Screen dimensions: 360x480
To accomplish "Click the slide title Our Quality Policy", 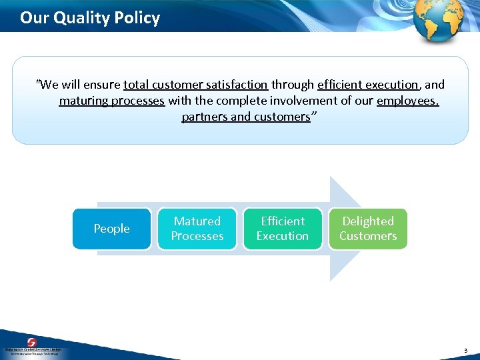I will [x=90, y=17].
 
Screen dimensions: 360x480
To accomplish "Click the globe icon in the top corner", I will [x=438, y=20].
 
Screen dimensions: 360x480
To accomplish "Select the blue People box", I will [x=111, y=229].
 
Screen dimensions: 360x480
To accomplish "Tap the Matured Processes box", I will [x=197, y=229].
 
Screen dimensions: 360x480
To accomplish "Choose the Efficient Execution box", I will [x=282, y=229].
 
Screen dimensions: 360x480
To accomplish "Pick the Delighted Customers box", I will [x=367, y=229].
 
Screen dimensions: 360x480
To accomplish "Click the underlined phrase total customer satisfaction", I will [x=195, y=85].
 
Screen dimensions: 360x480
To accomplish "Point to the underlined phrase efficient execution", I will [x=368, y=85].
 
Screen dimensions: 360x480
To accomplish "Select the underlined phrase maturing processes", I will [x=111, y=101].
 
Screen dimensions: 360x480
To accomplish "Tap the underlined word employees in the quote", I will [x=407, y=101].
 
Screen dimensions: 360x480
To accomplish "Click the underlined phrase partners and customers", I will [x=245, y=117].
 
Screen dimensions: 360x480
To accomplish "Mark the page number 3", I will [x=466, y=349].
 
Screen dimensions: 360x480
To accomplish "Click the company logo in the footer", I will [x=32, y=346].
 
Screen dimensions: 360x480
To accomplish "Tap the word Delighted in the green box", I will [x=367, y=221].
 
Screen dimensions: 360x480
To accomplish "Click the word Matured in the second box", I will [x=197, y=221].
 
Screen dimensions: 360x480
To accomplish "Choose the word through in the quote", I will [x=293, y=85].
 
